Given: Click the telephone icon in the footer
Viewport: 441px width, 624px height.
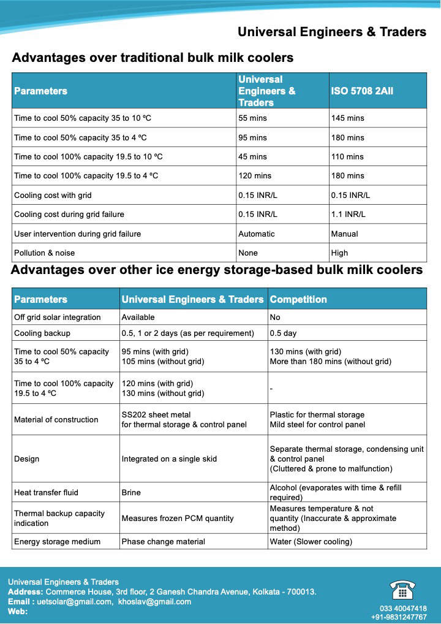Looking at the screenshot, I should tap(402, 590).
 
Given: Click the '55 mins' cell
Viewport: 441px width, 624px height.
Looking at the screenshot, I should tap(252, 118).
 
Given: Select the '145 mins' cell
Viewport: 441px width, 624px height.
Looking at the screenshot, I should tap(347, 118).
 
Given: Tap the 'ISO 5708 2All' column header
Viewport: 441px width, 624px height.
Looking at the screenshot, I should tap(362, 91).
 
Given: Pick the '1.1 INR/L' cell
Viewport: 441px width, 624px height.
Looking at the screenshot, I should tap(348, 215).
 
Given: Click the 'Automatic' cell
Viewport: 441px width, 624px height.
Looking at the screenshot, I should tap(257, 234).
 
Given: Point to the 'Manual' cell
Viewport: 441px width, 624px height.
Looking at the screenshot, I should tap(344, 234).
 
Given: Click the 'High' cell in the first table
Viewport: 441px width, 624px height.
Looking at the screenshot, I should tap(339, 253).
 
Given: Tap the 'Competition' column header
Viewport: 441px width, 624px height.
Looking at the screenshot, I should tap(298, 300).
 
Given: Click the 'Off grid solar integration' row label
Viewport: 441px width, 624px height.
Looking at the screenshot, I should tap(57, 318).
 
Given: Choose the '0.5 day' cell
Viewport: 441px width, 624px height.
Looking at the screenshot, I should tap(283, 333).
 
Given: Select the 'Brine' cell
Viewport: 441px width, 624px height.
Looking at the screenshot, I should tap(132, 492).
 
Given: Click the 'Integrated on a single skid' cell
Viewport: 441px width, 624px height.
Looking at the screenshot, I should tap(169, 458).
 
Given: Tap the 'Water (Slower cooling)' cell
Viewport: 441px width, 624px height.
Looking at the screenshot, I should tap(311, 542).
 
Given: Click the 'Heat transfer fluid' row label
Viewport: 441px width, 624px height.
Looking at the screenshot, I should tap(46, 492).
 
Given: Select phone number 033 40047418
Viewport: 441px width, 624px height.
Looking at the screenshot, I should tap(399, 609).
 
